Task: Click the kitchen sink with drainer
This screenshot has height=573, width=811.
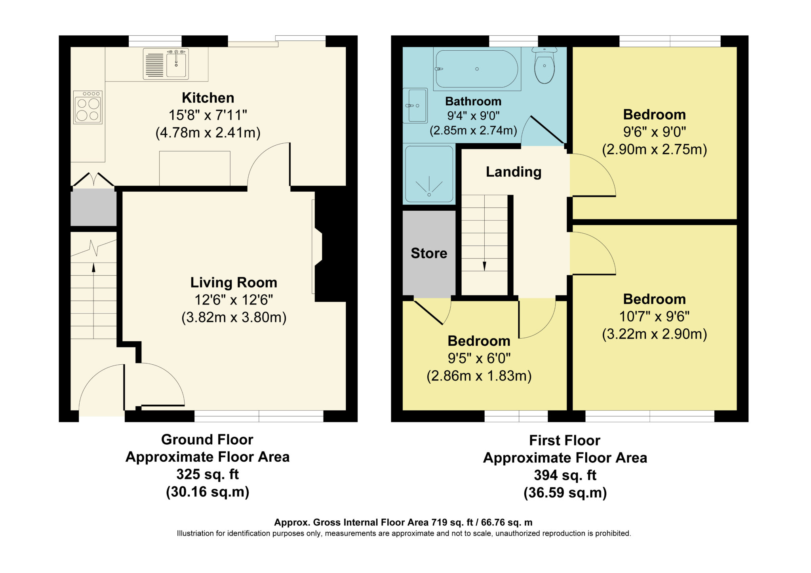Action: point(166,64)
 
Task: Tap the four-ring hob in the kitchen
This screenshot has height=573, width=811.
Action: point(88,107)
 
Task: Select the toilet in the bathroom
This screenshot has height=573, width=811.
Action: point(544,65)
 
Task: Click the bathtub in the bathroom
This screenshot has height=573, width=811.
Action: point(477,69)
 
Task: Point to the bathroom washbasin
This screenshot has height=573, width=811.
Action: point(415,105)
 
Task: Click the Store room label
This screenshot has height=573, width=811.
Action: point(429,253)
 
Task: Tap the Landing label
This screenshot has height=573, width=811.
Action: point(514,172)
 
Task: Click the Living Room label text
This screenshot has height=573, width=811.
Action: point(234,282)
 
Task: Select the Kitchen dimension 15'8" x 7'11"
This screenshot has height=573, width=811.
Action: point(208,115)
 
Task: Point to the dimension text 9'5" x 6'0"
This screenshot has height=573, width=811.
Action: point(479,358)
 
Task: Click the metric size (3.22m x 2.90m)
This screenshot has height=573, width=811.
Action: point(655,334)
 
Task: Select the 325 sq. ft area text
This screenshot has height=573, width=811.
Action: point(208,474)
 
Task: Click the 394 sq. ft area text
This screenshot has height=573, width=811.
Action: point(565,475)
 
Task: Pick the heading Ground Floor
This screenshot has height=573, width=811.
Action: point(207,440)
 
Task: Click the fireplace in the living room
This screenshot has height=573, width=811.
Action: point(317,246)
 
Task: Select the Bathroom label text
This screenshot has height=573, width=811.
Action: point(473,101)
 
